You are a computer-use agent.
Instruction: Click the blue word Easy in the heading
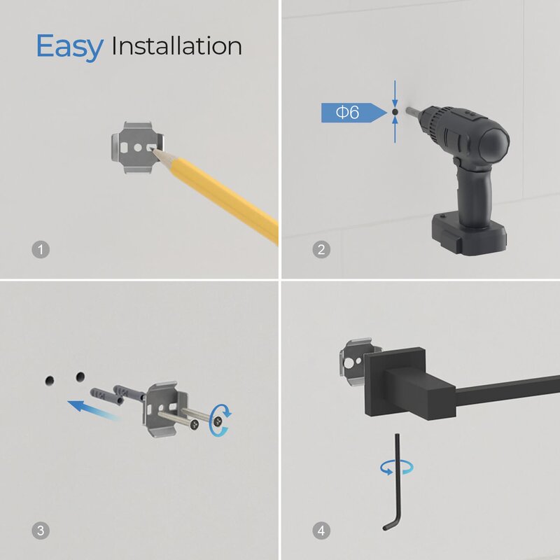(69, 47)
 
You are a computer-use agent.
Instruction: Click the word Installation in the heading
(177, 45)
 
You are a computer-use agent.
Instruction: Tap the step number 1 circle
(41, 249)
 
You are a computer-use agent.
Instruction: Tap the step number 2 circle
(321, 249)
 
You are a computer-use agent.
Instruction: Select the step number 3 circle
(41, 531)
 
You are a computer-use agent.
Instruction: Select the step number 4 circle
(321, 531)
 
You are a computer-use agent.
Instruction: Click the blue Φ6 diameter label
(354, 113)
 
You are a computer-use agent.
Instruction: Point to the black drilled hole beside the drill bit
(395, 112)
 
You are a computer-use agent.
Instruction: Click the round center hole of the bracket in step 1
(138, 147)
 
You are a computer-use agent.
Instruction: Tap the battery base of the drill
(468, 234)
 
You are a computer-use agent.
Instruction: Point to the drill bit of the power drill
(413, 111)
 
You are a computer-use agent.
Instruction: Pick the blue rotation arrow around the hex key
(397, 467)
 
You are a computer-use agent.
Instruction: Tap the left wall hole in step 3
(50, 381)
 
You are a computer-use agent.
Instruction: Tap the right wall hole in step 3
(80, 377)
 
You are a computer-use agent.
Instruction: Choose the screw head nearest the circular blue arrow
(217, 421)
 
